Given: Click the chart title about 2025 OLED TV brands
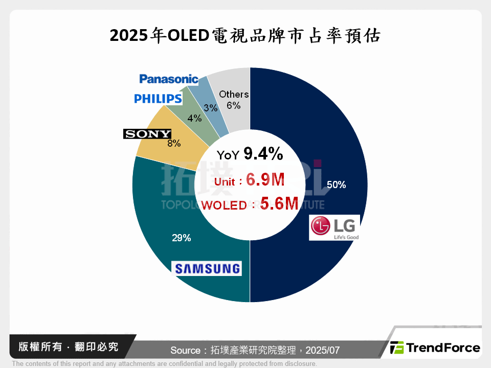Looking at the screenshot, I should [245, 36].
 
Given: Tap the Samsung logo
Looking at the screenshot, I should [207, 268].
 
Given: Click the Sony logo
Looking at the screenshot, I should [147, 134].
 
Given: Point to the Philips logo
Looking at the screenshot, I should [158, 98].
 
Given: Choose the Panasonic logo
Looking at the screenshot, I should [169, 79].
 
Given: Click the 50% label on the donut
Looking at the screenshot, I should [336, 185].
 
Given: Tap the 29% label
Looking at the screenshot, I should [181, 238].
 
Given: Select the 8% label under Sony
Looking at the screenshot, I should [174, 144].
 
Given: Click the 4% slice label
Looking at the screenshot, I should [194, 118].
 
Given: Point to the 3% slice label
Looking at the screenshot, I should [210, 108].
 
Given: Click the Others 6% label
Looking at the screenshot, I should [234, 100].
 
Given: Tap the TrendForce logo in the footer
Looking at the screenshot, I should [435, 348].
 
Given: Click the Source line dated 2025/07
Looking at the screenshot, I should [255, 350].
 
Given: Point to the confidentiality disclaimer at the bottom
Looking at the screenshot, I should [164, 363].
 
